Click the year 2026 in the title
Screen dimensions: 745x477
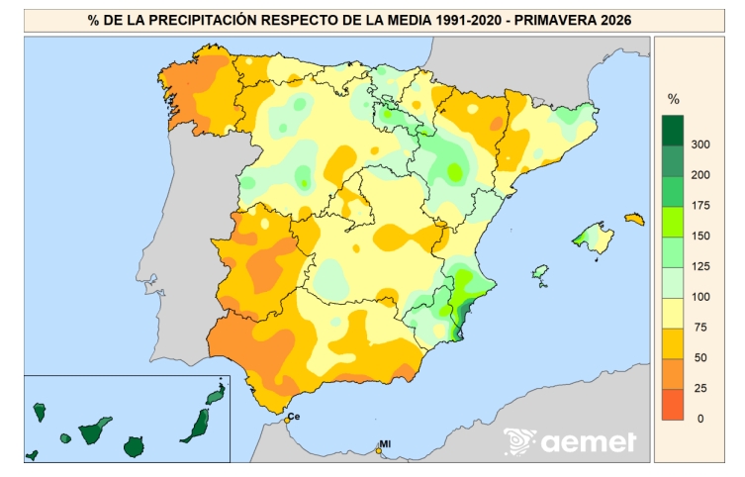[615, 20]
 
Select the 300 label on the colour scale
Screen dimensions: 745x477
[700, 144]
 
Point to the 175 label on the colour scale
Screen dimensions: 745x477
[700, 205]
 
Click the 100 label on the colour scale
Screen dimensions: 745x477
[700, 297]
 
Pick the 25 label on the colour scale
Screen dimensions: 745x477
[700, 388]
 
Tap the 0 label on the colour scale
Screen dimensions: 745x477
[700, 418]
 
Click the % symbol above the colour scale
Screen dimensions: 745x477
[673, 99]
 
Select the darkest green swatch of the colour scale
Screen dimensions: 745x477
[673, 131]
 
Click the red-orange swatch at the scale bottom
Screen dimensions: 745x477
[673, 405]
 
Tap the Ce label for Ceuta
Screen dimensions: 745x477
[294, 417]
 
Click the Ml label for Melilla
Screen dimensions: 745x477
[385, 443]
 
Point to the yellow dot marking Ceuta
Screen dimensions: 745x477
[287, 421]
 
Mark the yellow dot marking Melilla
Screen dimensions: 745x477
[379, 450]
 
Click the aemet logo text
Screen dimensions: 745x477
[589, 442]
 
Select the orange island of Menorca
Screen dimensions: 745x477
[635, 219]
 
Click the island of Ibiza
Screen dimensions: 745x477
[540, 274]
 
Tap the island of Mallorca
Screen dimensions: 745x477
[596, 238]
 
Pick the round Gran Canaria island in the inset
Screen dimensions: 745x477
[134, 447]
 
